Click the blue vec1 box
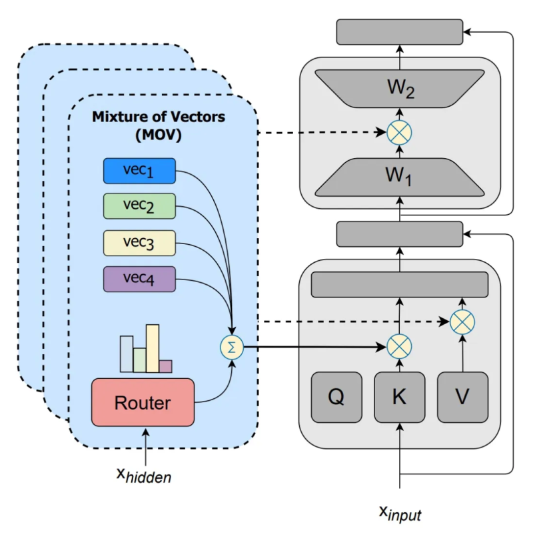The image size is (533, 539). (139, 171)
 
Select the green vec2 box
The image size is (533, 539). (139, 206)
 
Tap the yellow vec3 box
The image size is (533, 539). (139, 243)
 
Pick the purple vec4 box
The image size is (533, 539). (139, 279)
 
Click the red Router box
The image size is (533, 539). (143, 402)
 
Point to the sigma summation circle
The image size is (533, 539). (232, 348)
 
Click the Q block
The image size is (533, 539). (336, 397)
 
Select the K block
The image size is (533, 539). (399, 397)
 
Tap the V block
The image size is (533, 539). (462, 397)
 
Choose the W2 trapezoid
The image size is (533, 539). (400, 89)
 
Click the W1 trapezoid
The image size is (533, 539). (400, 177)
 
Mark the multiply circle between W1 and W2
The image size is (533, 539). (399, 132)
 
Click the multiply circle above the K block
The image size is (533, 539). (399, 346)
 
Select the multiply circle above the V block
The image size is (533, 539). (462, 322)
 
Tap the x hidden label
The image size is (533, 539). (143, 475)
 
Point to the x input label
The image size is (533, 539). (400, 514)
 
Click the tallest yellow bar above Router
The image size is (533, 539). (153, 349)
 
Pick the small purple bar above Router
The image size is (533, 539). (165, 366)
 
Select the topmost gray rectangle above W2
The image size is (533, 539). (400, 32)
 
